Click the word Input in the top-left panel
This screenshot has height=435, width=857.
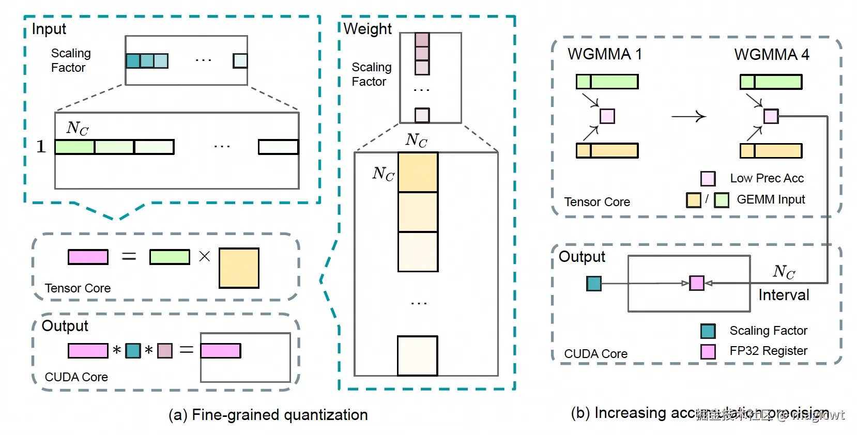(x=49, y=29)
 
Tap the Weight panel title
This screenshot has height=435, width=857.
(x=368, y=29)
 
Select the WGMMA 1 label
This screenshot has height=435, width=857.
(x=605, y=54)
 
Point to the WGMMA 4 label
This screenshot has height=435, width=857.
(x=772, y=54)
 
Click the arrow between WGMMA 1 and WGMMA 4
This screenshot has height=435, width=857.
(x=688, y=117)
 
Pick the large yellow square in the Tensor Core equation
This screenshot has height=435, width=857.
(x=239, y=268)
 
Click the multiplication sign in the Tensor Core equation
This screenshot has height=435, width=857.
(x=205, y=256)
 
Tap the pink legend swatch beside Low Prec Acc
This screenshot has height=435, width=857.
(x=708, y=179)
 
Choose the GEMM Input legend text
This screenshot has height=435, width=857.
(x=771, y=199)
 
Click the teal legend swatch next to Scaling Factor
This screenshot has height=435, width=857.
(x=708, y=331)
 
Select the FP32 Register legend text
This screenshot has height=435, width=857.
(x=768, y=351)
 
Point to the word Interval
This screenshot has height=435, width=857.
(x=784, y=295)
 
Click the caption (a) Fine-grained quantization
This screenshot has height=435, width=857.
(x=268, y=415)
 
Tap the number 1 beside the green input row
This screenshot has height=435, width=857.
(x=41, y=147)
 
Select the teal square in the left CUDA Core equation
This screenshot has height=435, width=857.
(x=133, y=351)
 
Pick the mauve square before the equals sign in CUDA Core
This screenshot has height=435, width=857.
(x=165, y=351)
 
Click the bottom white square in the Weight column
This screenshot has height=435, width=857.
(x=418, y=356)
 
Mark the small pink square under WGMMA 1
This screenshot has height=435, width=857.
(x=607, y=116)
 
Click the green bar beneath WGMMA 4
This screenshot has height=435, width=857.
(x=771, y=82)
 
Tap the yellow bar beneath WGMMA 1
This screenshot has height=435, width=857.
(x=607, y=150)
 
